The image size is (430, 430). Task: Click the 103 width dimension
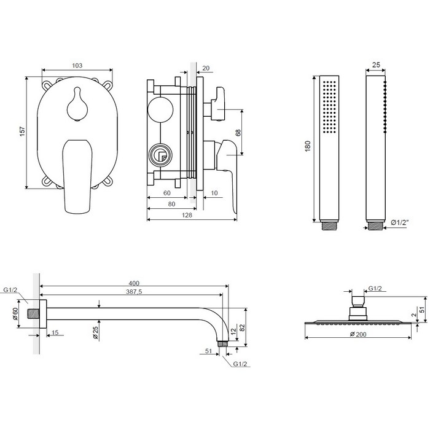tap(77, 65)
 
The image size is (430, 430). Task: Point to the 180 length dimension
tap(308, 146)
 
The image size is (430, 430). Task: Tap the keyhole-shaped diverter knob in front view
tap(77, 102)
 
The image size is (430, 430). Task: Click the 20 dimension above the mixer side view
tap(205, 69)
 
